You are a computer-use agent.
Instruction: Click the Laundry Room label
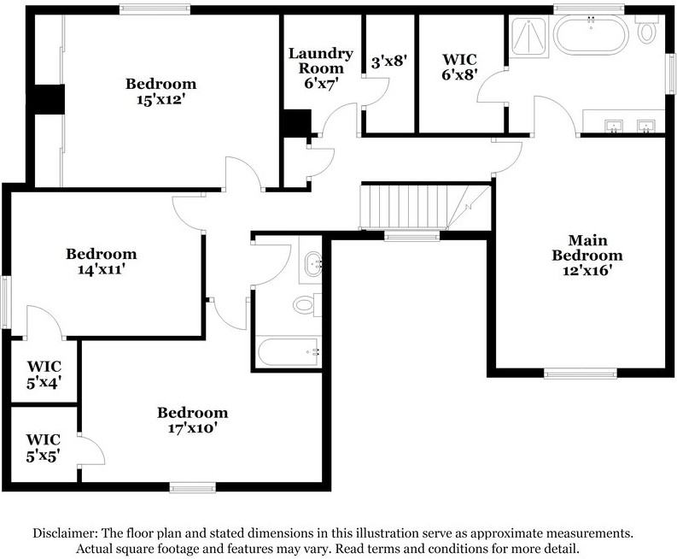[x=320, y=61]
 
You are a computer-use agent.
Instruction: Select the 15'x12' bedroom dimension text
[x=160, y=99]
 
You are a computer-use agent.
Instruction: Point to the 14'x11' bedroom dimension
[x=101, y=269]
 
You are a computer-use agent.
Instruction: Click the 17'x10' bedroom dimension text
[x=192, y=428]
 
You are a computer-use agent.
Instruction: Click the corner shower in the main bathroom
[x=528, y=37]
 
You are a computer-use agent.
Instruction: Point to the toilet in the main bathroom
[x=646, y=31]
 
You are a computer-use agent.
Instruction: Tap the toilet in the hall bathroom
[x=306, y=303]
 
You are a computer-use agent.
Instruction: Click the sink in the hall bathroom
[x=312, y=262]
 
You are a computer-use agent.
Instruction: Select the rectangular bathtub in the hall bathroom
[x=289, y=351]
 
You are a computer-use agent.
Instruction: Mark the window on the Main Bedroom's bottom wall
[x=581, y=373]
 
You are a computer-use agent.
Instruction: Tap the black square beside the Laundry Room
[x=295, y=124]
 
